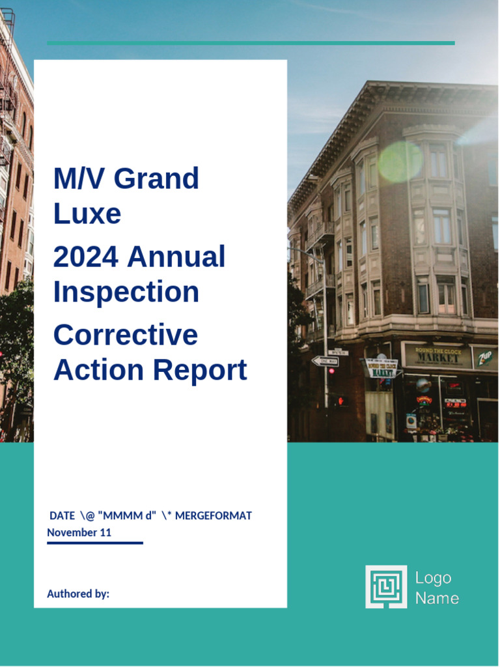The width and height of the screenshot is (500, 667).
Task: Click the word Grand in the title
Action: (156, 178)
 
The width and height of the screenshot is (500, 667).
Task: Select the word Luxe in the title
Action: (87, 214)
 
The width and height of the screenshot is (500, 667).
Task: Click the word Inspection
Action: (126, 292)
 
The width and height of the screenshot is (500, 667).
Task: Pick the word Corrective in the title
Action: (126, 335)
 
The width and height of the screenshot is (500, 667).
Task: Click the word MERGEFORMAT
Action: (214, 516)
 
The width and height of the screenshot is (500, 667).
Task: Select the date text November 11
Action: (79, 532)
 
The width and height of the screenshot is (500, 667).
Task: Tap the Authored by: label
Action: (78, 593)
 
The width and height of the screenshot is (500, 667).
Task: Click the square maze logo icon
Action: (386, 586)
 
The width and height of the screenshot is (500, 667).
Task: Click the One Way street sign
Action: (325, 361)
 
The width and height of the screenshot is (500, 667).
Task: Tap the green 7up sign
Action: (485, 358)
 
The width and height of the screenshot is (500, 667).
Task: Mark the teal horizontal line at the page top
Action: (251, 43)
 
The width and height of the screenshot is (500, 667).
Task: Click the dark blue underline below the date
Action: (95, 543)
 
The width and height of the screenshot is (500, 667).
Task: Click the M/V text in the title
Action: (74, 178)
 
